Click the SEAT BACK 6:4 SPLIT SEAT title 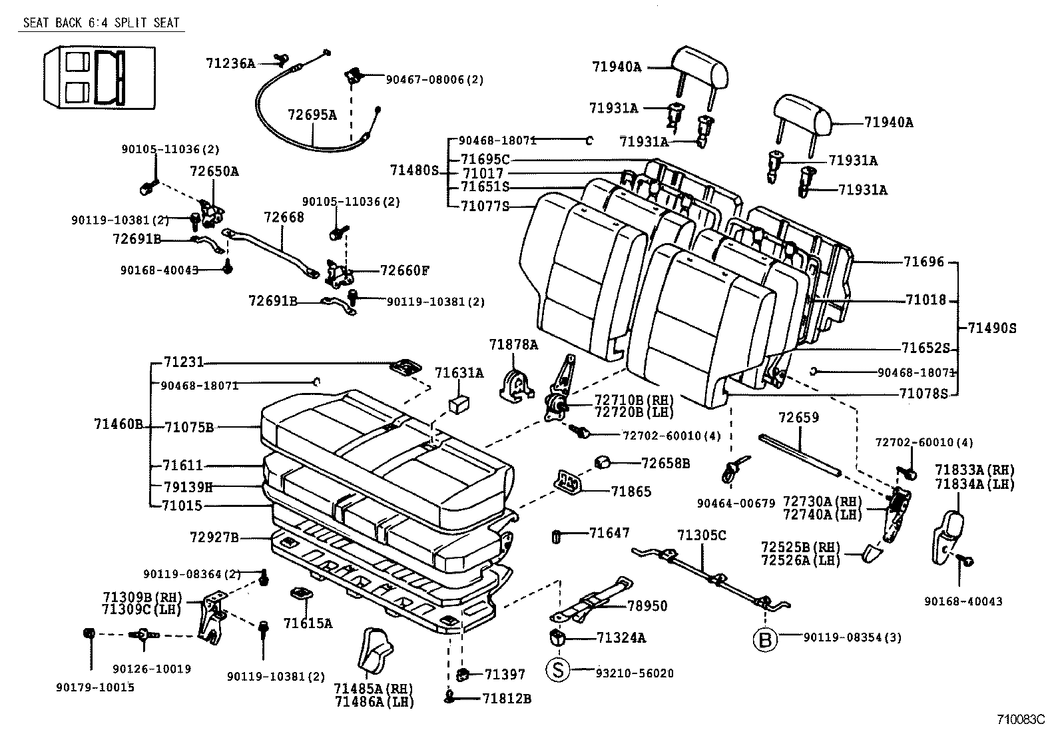pyautogui.click(x=101, y=23)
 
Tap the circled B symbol pyautogui.click(x=764, y=640)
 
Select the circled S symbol pyautogui.click(x=559, y=669)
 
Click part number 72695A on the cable pyautogui.click(x=312, y=115)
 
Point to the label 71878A pyautogui.click(x=513, y=344)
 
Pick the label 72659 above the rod pyautogui.click(x=798, y=418)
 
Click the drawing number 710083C pyautogui.click(x=1021, y=720)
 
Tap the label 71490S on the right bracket pyautogui.click(x=992, y=328)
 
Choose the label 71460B pyautogui.click(x=119, y=424)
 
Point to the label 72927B pyautogui.click(x=214, y=536)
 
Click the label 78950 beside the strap pyautogui.click(x=647, y=605)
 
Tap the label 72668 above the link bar pyautogui.click(x=284, y=217)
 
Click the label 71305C pyautogui.click(x=702, y=535)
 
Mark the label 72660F pyautogui.click(x=405, y=270)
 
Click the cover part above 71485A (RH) pyautogui.click(x=375, y=649)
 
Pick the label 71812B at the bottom pyautogui.click(x=507, y=698)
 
